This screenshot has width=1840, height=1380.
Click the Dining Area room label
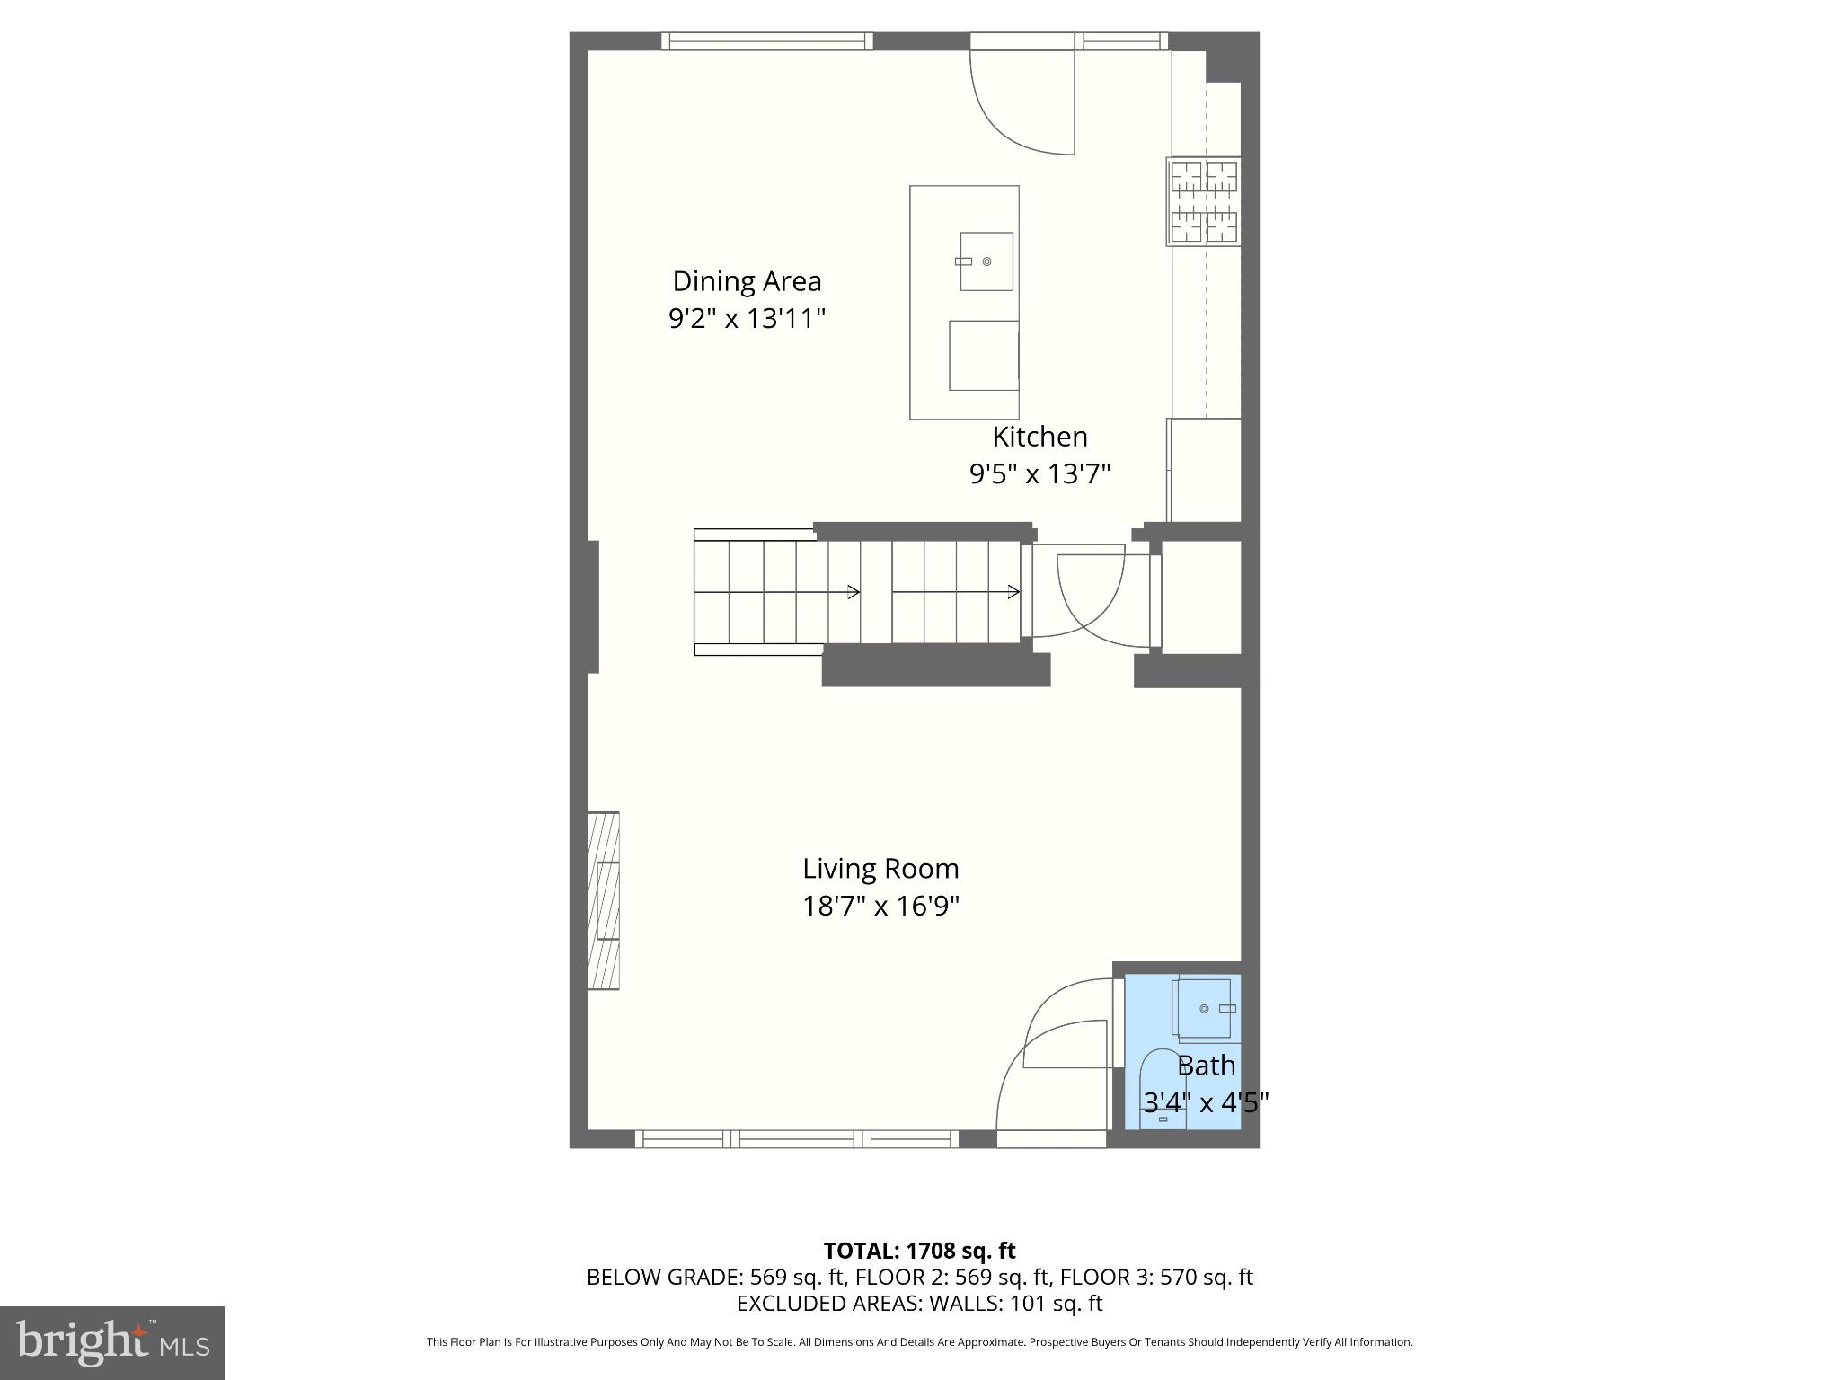coord(747,281)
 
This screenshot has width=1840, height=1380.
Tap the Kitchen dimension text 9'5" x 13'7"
coord(1039,473)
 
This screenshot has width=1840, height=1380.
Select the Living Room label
coord(880,869)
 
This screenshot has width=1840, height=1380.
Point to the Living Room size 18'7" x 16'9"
coord(880,906)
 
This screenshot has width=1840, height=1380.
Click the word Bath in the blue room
coord(1206,1066)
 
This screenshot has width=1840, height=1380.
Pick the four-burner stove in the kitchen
coord(1204,202)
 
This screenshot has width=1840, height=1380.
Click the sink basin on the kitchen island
coord(986,261)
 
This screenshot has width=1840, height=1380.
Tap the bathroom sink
coord(1204,1008)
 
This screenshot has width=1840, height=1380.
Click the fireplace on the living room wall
coord(604,900)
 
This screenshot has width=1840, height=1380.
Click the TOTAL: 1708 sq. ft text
coord(919,1251)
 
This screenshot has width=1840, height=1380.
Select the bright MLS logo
coord(111,1342)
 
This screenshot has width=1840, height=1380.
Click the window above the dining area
coord(767,41)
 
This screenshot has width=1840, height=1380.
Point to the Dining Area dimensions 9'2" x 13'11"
coord(747,318)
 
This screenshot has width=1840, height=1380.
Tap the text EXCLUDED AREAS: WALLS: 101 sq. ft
coord(919,1303)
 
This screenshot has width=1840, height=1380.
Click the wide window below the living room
coord(797,1139)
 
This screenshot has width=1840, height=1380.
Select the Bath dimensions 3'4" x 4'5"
coord(1206,1101)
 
